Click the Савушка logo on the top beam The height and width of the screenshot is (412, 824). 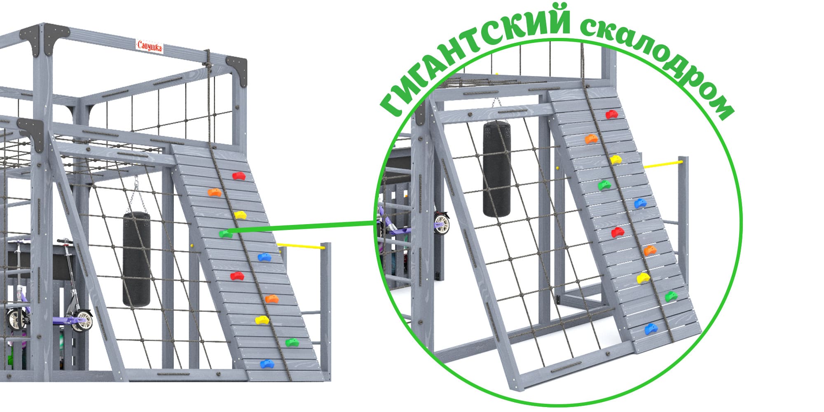coord(150,46)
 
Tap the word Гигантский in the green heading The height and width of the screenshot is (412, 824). coord(474,54)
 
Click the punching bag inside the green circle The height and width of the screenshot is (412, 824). coord(497,169)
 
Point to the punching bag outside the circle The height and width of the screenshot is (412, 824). coord(137,259)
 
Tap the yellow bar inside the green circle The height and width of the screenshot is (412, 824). coord(663,164)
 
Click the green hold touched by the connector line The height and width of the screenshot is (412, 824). coord(225,234)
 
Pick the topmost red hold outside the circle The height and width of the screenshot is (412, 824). coord(239,176)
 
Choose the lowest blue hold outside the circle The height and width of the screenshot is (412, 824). coord(267,364)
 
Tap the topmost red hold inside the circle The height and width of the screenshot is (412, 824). coord(612,114)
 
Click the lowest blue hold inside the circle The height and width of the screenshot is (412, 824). coord(651,329)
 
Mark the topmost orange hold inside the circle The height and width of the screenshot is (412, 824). coord(591,139)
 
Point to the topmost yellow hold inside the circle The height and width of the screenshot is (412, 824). coord(616,159)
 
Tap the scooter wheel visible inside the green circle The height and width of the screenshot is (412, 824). coord(441,223)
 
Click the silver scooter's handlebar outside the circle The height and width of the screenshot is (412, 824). coord(65,241)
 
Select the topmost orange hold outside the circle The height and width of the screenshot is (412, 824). coord(214,192)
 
